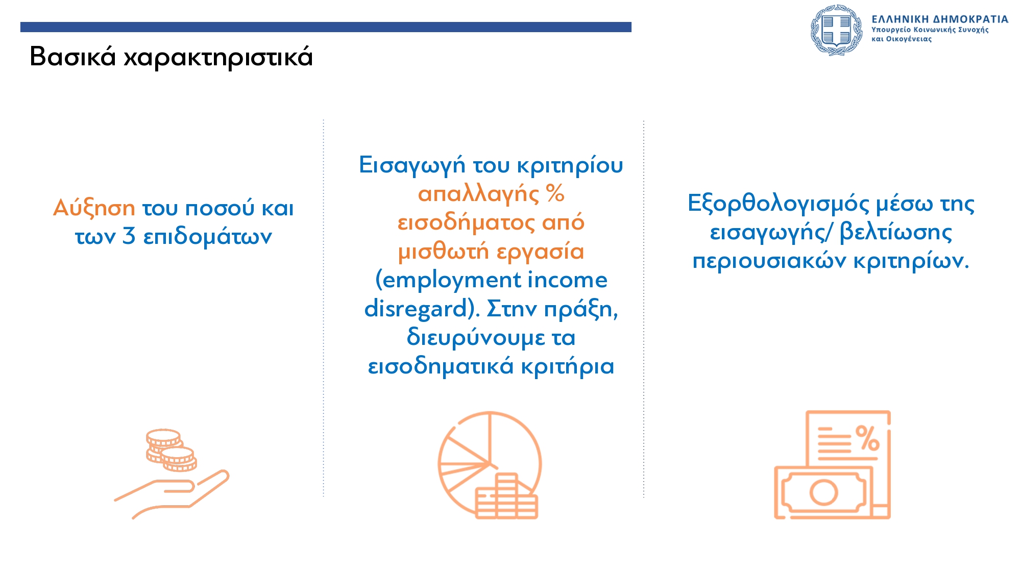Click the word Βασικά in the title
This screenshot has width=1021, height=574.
click(x=73, y=56)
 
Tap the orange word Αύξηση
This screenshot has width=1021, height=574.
click(x=94, y=209)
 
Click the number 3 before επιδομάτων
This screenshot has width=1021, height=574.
click(x=129, y=236)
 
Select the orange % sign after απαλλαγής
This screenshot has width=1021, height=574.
click(x=555, y=193)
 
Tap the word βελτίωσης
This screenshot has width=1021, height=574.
click(x=896, y=233)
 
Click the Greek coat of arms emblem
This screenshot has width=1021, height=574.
click(x=836, y=30)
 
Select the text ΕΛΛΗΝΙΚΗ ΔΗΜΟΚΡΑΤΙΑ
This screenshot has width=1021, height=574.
click(x=940, y=19)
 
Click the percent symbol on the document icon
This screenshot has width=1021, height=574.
click(x=867, y=438)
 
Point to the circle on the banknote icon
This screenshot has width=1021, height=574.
click(x=823, y=493)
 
